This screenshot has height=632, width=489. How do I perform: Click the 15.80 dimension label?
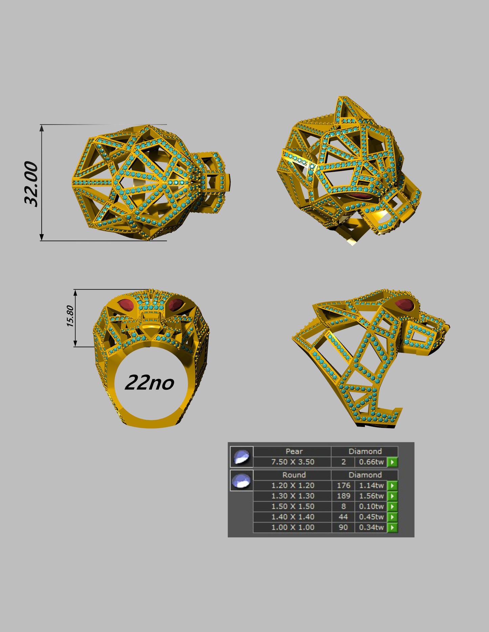click(x=70, y=316)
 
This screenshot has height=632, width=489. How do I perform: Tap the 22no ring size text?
click(x=149, y=383)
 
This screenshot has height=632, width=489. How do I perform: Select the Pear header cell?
click(x=294, y=451)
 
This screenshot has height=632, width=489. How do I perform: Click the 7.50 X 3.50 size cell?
click(x=293, y=462)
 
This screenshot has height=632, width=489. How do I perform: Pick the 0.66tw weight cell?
click(x=371, y=462)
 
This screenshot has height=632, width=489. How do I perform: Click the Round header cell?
click(x=294, y=475)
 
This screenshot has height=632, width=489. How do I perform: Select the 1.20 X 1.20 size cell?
click(x=293, y=485)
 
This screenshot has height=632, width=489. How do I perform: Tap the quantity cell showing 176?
click(x=343, y=485)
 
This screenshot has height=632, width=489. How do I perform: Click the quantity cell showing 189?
click(x=343, y=496)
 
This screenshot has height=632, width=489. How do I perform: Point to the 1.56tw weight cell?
click(x=371, y=496)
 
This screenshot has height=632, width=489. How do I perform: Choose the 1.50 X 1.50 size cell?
click(x=293, y=506)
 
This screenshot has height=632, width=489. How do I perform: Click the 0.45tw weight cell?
click(x=371, y=517)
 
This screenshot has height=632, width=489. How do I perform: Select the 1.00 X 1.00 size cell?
click(x=293, y=527)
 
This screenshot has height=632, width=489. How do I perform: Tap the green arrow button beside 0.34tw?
click(x=392, y=527)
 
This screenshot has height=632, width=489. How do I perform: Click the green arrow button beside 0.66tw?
click(x=392, y=462)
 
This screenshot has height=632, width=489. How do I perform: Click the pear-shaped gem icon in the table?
click(x=242, y=457)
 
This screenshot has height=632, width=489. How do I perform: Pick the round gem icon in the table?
click(x=242, y=480)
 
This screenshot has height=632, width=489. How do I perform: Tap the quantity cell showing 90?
click(x=343, y=527)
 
